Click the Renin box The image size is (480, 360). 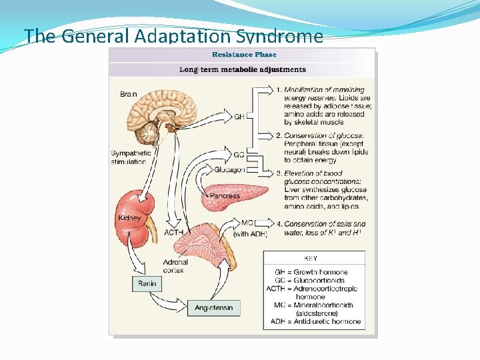pyautogui.click(x=147, y=283)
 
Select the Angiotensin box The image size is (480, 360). pyautogui.click(x=213, y=307)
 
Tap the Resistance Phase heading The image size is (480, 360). pyautogui.click(x=244, y=55)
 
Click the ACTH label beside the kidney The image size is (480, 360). pyautogui.click(x=174, y=233)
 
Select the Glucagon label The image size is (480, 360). pyautogui.click(x=230, y=169)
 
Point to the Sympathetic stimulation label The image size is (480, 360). pyautogui.click(x=129, y=157)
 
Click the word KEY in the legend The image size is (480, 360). pyautogui.click(x=311, y=258)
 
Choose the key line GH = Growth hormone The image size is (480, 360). pyautogui.click(x=311, y=272)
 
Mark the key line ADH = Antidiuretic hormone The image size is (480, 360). pyautogui.click(x=317, y=321)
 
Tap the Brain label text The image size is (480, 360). pyautogui.click(x=129, y=94)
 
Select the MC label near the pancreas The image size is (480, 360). pyautogui.click(x=247, y=223)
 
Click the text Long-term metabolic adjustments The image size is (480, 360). pyautogui.click(x=243, y=69)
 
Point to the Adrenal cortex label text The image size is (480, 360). pyautogui.click(x=175, y=266)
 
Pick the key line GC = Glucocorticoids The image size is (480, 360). pyautogui.click(x=311, y=281)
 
